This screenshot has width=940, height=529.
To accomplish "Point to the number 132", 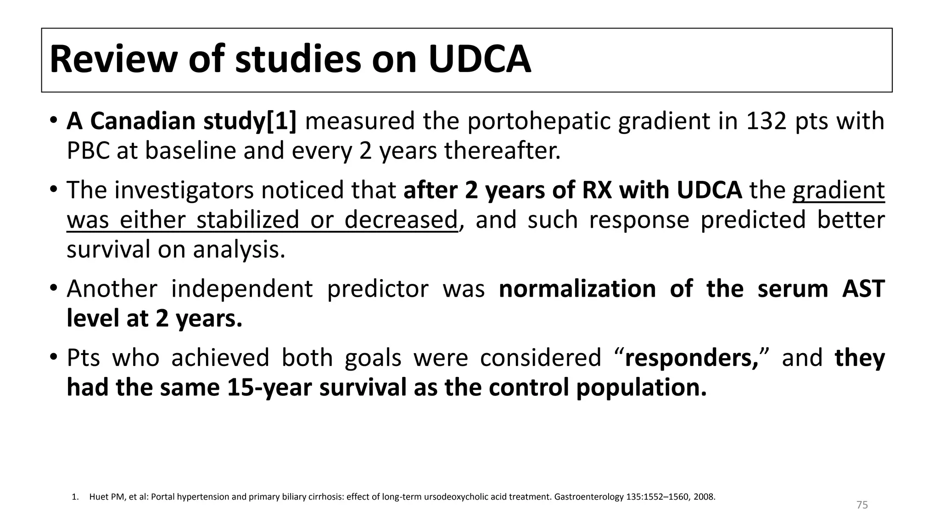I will point(766,121).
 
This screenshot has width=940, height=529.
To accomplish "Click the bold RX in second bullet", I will point(597,190).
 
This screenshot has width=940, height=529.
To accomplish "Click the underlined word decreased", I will point(401,219).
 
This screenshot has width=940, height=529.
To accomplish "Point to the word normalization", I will point(577,289).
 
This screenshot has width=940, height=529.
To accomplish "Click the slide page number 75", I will point(862,505).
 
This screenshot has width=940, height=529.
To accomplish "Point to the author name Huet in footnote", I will point(98,497).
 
